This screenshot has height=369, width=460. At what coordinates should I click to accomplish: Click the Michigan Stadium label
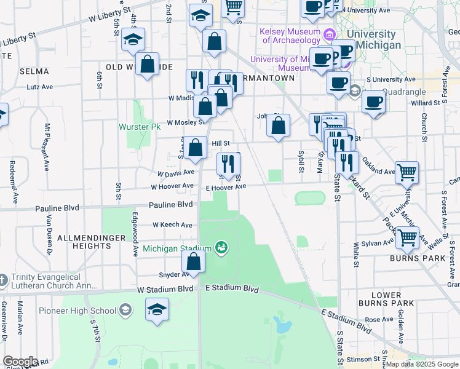click(x=177, y=248)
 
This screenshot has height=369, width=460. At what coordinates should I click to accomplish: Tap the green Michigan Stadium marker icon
click(x=221, y=248)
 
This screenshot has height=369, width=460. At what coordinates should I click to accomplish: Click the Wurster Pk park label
click(x=139, y=127)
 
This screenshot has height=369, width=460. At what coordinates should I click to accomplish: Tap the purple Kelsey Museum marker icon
click(x=331, y=33)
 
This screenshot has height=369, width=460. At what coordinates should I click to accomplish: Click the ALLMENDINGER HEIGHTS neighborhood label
click(x=84, y=242)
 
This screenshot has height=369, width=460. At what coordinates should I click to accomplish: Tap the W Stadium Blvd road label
click(x=165, y=289)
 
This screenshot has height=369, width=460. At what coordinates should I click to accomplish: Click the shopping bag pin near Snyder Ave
click(x=193, y=262)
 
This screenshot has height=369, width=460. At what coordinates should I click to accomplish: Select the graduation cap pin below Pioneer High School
click(x=157, y=310)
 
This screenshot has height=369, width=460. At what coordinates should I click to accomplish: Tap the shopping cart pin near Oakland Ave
click(x=406, y=173)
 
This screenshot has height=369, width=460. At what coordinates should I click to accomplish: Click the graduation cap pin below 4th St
click(x=133, y=40)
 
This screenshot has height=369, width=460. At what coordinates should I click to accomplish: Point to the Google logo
click(x=20, y=362)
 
